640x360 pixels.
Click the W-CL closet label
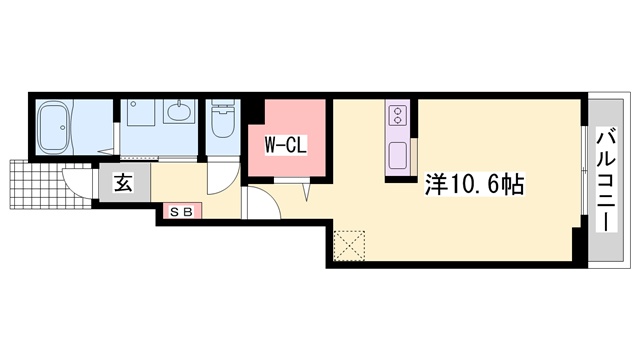tap(286, 145)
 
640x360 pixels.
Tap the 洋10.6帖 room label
tap(474, 184)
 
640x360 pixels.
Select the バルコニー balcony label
tap(607, 180)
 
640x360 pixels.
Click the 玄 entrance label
tap(123, 182)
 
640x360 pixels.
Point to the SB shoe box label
tap(182, 211)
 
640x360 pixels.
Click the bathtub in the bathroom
tap(55, 127)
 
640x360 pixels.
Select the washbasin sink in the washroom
tap(180, 111)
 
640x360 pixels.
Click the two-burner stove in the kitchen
tap(397, 115)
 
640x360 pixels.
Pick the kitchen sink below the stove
tap(397, 155)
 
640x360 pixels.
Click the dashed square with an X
tap(349, 245)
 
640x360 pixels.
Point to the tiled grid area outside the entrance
tap(50, 184)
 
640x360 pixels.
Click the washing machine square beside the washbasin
tap(141, 112)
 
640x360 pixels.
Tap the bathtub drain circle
tap(62, 127)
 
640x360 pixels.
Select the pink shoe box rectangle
tap(182, 211)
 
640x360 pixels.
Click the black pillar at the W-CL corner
tap(256, 112)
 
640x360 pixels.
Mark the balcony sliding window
tap(584, 171)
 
